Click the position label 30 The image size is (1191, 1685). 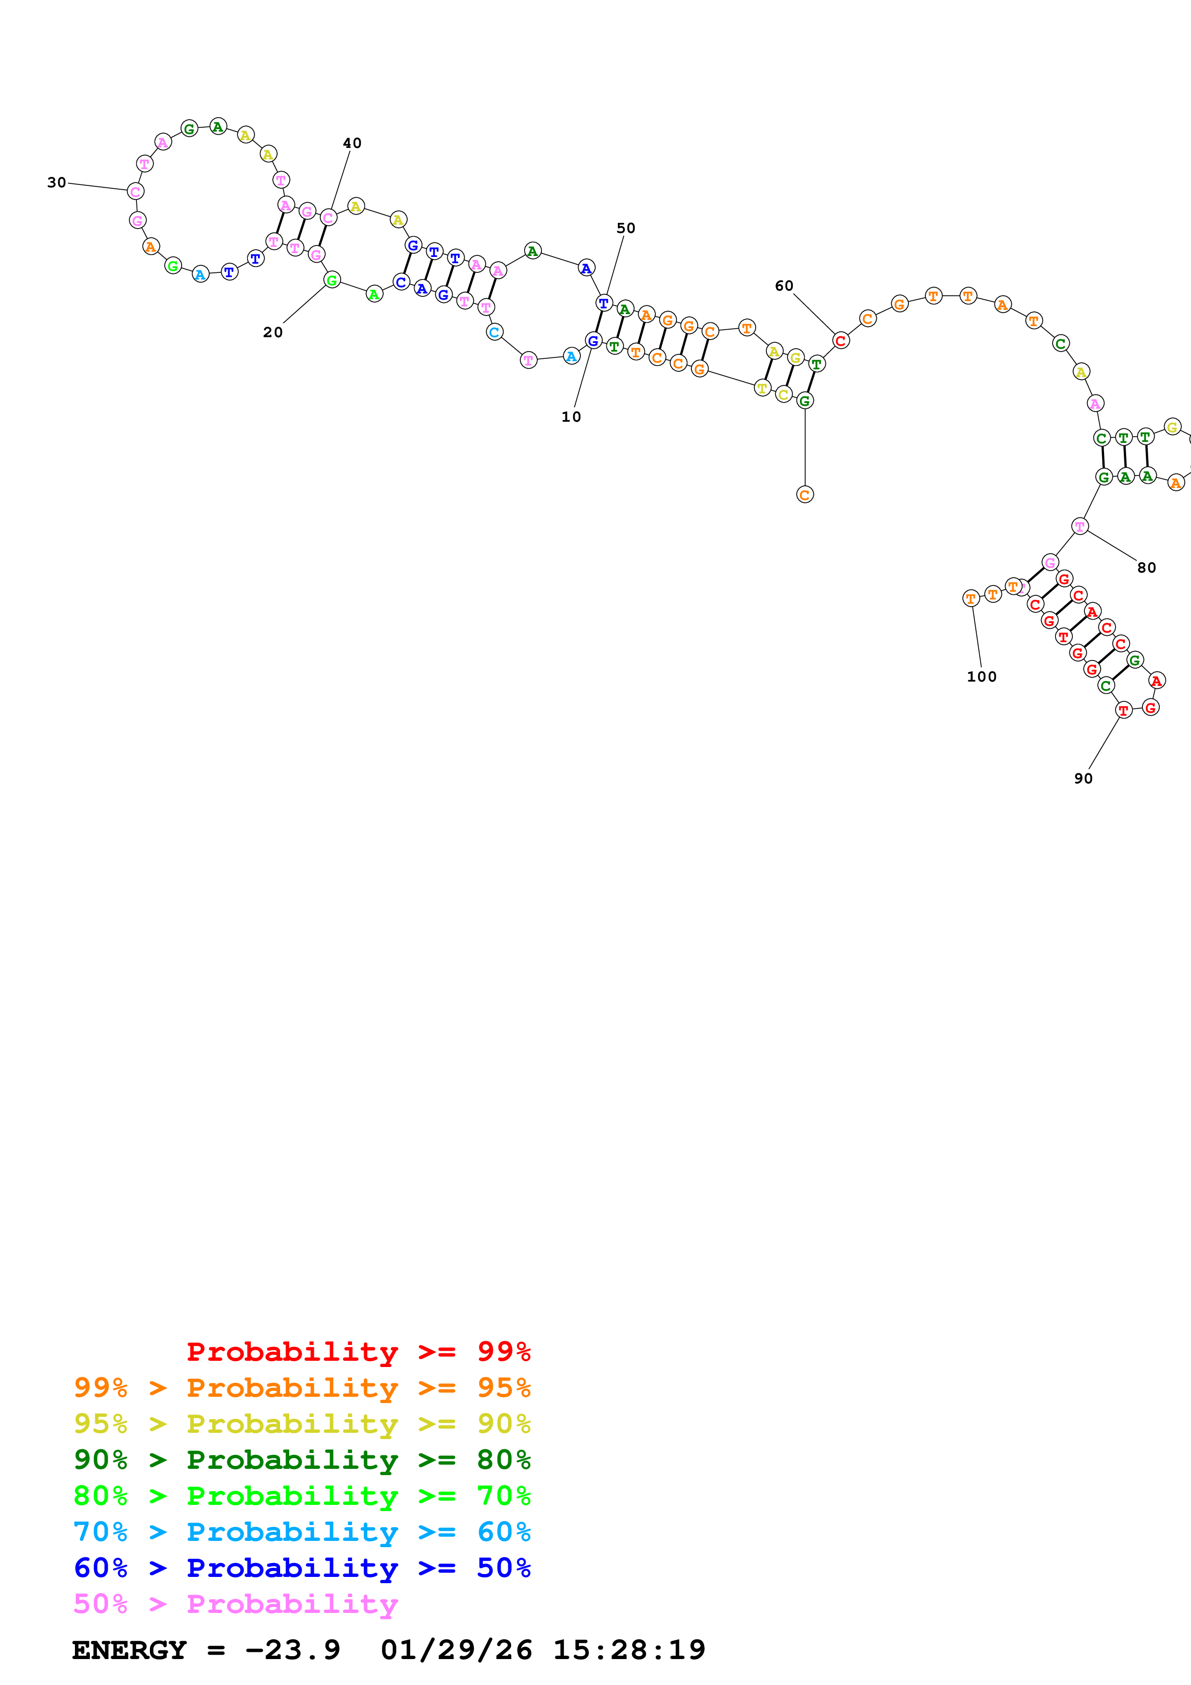57,183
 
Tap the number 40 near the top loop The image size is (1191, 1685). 352,143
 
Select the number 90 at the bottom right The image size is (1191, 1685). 1083,779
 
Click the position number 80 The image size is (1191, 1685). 1146,567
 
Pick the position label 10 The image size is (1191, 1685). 571,417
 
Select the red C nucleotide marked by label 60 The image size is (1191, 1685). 840,341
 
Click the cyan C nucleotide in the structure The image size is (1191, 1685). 494,332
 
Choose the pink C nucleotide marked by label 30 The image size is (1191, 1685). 135,192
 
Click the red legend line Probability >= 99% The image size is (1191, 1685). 358,1351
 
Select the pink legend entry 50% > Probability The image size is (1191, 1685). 235,1603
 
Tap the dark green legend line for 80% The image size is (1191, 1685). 302,1460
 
